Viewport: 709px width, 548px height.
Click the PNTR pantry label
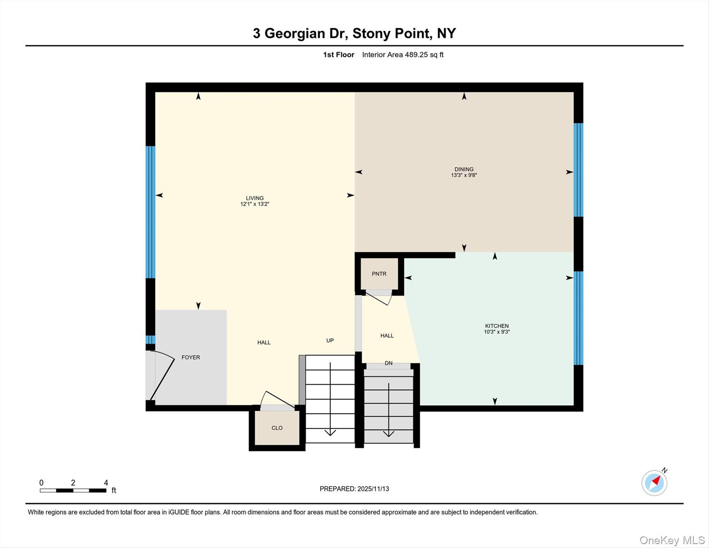pyautogui.click(x=379, y=274)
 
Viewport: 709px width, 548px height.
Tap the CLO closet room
pyautogui.click(x=277, y=428)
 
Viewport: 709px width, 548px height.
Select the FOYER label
pyautogui.click(x=190, y=357)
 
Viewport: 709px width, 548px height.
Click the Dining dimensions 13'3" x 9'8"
pyautogui.click(x=464, y=175)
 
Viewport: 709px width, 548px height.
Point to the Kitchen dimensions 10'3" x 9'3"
pyautogui.click(x=496, y=332)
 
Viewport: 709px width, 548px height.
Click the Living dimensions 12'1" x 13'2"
pyautogui.click(x=254, y=204)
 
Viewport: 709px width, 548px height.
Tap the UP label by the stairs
pyautogui.click(x=330, y=340)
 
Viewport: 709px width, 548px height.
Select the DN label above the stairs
pyautogui.click(x=388, y=363)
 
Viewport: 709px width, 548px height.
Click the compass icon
pyautogui.click(x=654, y=483)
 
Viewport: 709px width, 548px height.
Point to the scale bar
pyautogui.click(x=73, y=491)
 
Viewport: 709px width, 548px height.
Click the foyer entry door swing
pyautogui.click(x=162, y=376)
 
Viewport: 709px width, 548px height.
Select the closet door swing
pyautogui.click(x=278, y=399)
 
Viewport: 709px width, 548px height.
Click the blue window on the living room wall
pyautogui.click(x=151, y=212)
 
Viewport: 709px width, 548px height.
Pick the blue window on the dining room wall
pyautogui.click(x=578, y=170)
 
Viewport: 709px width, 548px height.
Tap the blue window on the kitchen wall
pyautogui.click(x=578, y=318)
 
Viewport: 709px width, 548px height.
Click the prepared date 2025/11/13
pyautogui.click(x=373, y=489)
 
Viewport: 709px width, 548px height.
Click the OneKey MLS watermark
pyautogui.click(x=672, y=540)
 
